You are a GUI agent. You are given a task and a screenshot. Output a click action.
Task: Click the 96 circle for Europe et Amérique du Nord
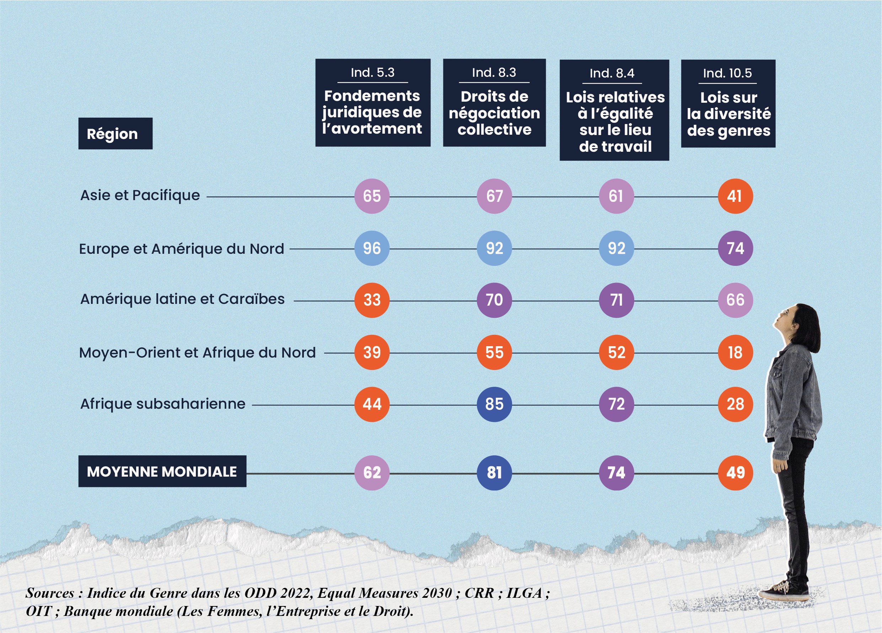372,248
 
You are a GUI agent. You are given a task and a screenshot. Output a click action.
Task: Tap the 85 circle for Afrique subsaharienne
494,404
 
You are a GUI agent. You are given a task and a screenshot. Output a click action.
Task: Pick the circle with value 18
736,353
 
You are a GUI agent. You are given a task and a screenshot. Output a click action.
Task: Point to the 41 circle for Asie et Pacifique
736,196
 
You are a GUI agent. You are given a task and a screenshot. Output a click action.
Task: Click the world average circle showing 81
494,473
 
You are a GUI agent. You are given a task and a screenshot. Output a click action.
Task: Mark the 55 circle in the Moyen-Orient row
494,353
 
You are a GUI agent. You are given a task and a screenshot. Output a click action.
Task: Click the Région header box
115,134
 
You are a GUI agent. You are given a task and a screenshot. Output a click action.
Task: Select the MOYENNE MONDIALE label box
162,472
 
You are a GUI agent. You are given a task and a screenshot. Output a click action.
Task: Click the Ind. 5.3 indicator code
373,73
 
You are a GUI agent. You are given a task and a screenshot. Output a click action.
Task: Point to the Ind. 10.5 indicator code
727,73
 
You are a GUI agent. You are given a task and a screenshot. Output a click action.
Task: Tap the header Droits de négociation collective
494,113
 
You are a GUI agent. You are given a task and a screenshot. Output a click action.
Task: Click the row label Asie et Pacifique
140,195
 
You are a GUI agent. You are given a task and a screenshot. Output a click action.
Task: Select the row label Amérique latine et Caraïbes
182,299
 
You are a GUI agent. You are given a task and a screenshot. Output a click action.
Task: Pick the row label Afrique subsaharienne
162,404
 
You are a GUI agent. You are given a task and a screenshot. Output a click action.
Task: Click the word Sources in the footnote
50,593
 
